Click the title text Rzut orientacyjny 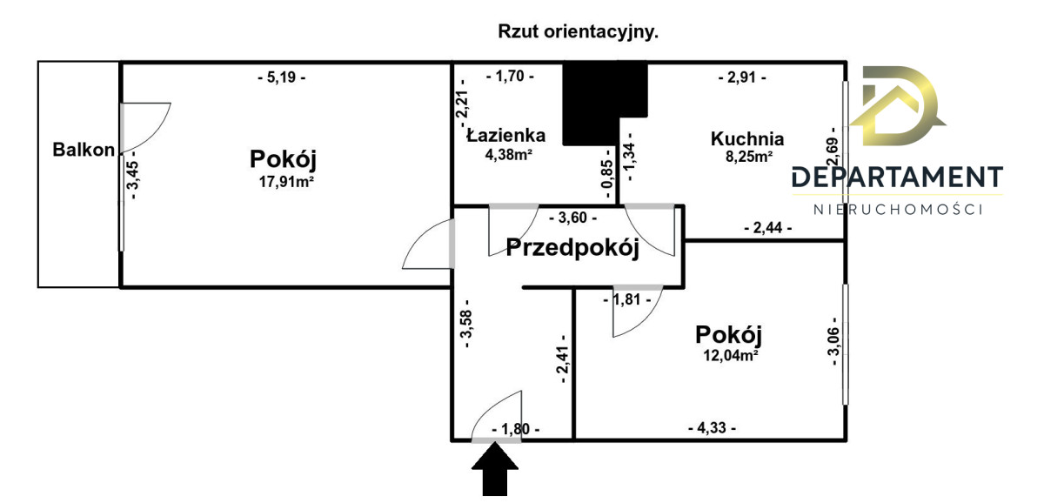pos(578,32)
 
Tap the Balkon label pos(84,150)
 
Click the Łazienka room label pos(506,135)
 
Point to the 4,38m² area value pos(508,156)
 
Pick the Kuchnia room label pos(747,138)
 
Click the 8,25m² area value pos(748,158)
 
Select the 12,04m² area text pos(729,354)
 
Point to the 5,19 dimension pos(282,77)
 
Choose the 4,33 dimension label pos(712,428)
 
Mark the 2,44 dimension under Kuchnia pos(768,228)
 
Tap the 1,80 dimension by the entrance pos(515,429)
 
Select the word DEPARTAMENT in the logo pos(897,178)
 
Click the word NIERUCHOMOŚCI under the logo pos(897,210)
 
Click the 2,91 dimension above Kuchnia pos(742,77)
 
